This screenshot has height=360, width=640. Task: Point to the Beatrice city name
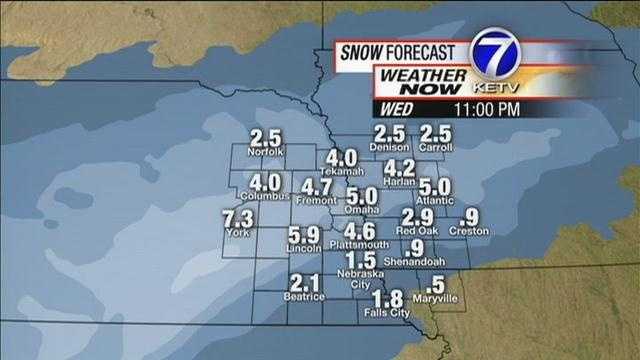[x=304, y=297]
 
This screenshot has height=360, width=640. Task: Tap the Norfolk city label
[x=267, y=152]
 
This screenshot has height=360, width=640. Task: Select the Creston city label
[x=468, y=231]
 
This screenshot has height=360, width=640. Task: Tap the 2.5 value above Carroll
[x=436, y=133]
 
